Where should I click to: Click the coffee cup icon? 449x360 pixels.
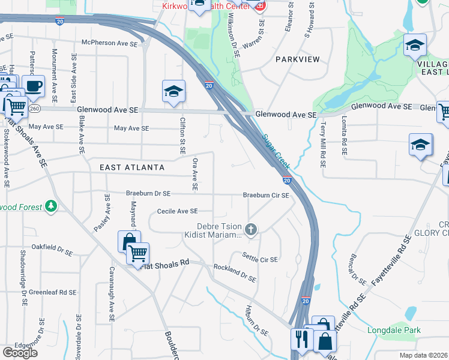(x=34, y=86)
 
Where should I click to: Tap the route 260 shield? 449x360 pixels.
(x=35, y=109)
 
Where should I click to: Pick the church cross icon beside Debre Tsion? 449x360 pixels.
(x=251, y=229)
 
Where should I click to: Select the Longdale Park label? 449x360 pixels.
(x=394, y=330)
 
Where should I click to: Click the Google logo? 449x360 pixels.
(x=20, y=353)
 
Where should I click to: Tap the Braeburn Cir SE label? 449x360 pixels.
(x=266, y=196)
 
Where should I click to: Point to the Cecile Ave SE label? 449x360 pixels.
(x=177, y=211)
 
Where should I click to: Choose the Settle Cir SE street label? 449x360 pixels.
(x=260, y=259)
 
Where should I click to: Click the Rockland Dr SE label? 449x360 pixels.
(x=235, y=273)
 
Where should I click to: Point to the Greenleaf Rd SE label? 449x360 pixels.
(x=53, y=292)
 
